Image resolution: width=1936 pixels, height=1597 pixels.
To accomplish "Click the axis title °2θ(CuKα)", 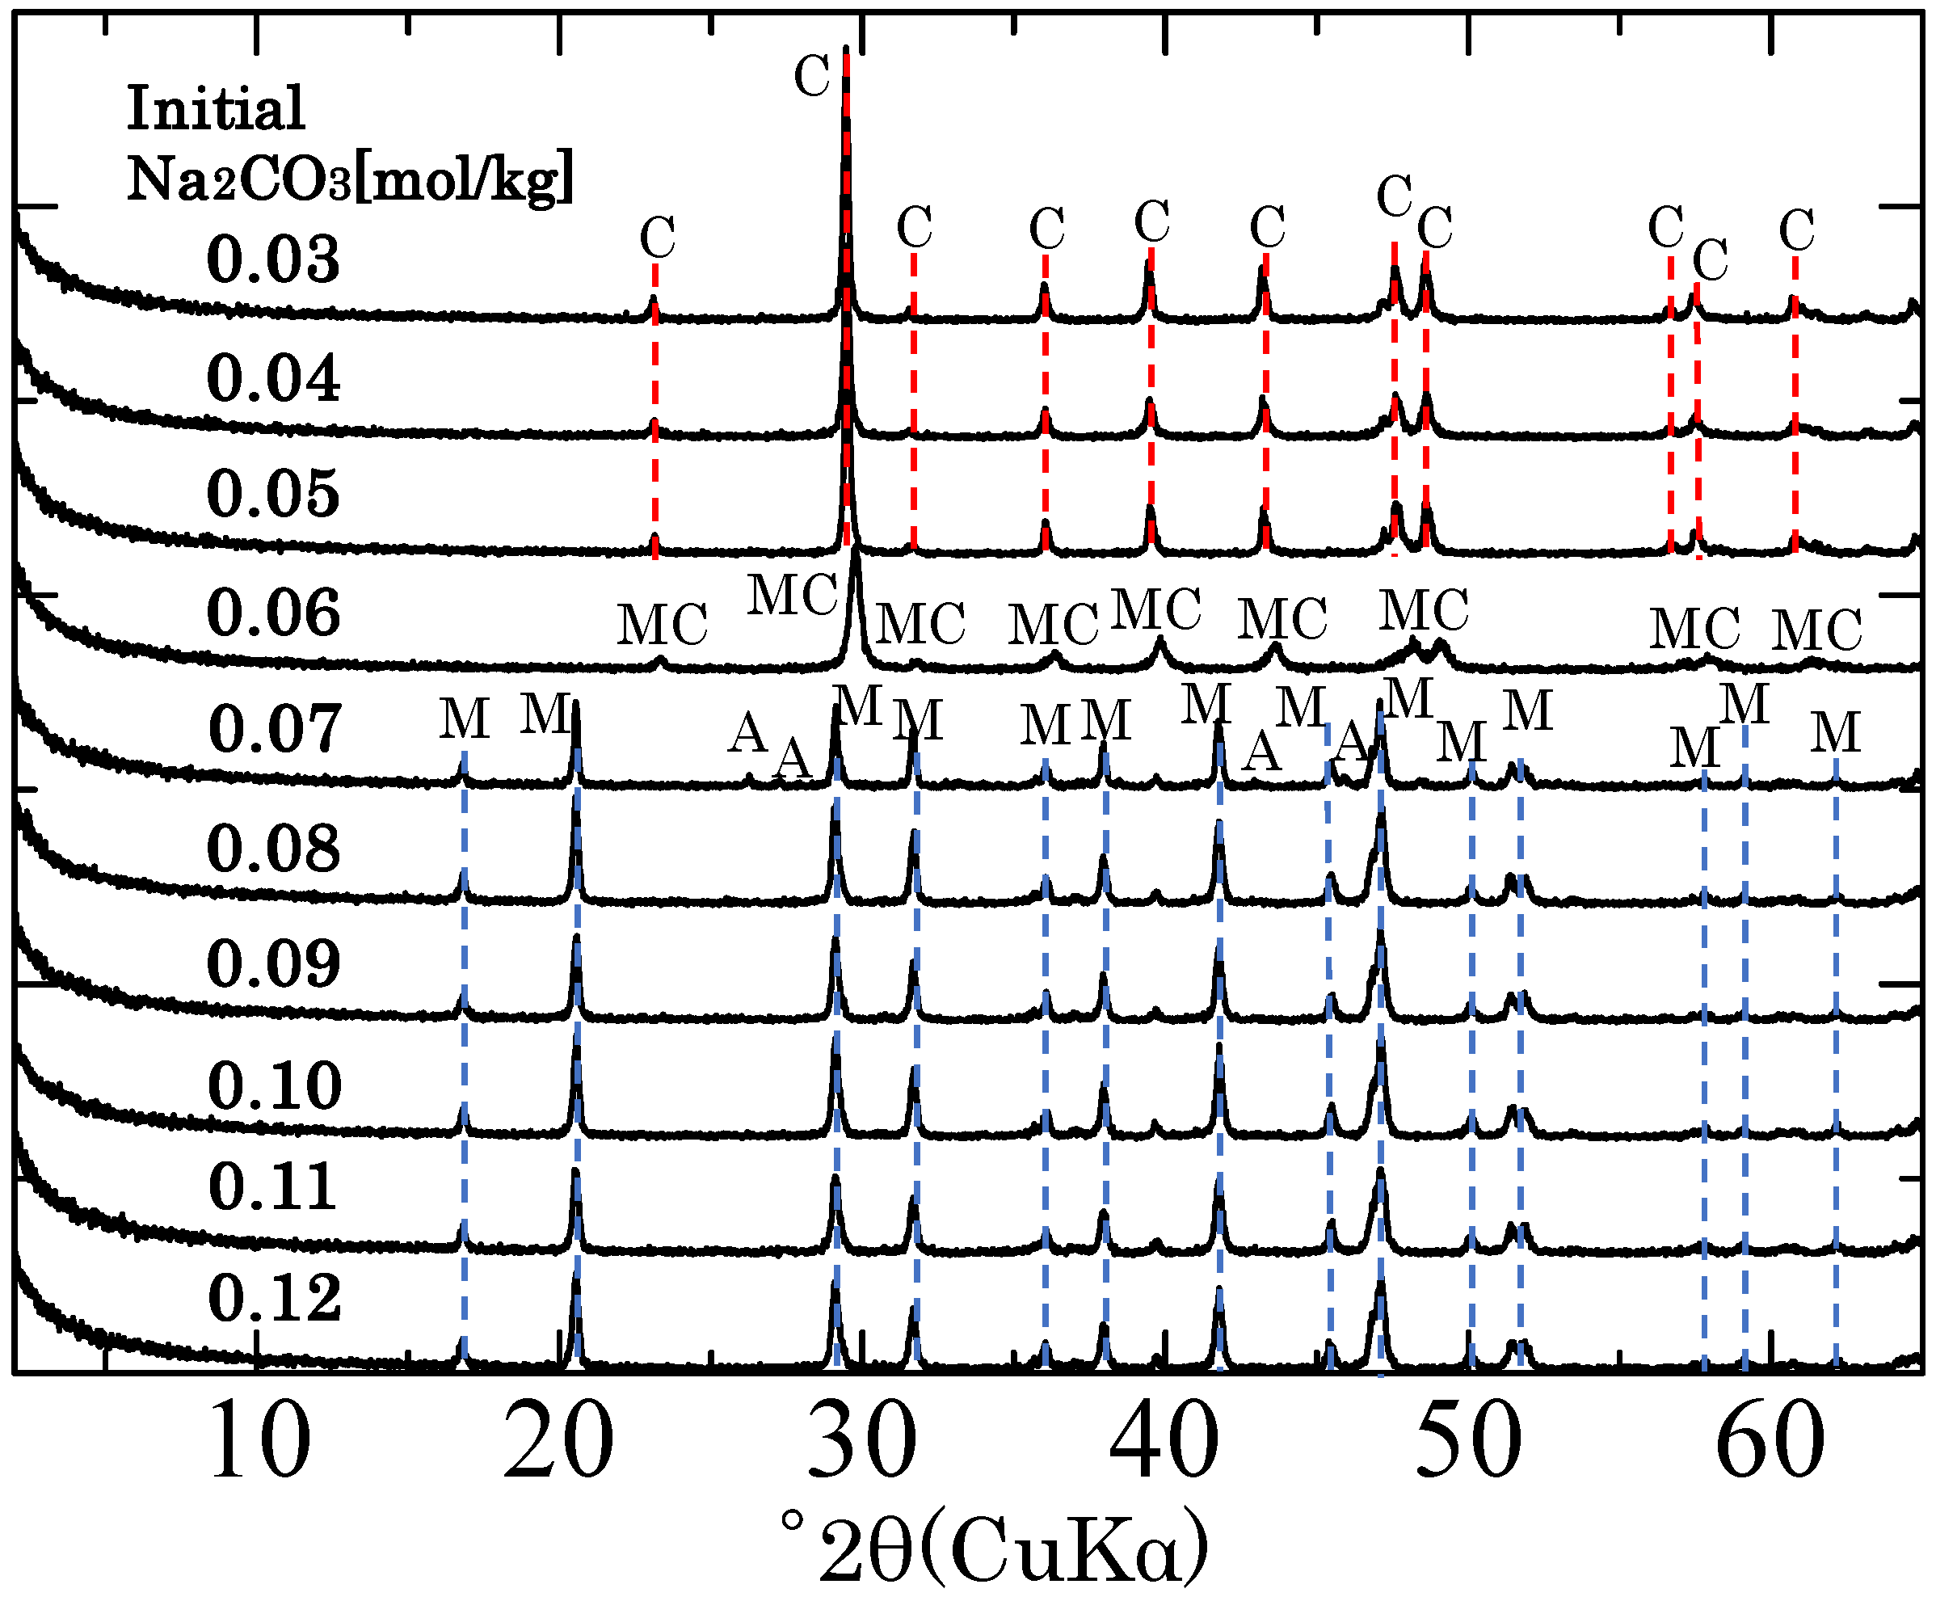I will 993,1549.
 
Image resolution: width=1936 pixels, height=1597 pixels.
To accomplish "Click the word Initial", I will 215,108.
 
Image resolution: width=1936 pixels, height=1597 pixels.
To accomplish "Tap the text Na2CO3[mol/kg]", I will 350,177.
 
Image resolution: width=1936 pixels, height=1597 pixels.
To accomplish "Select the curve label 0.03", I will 273,259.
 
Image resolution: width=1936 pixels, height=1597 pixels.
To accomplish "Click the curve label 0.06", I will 273,613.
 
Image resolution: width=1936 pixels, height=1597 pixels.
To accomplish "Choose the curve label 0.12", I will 274,1298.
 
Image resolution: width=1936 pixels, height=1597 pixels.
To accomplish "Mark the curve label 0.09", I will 273,964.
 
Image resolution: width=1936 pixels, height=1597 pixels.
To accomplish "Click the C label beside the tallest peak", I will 811,75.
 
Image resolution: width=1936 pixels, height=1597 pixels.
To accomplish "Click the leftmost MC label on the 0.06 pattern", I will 661,626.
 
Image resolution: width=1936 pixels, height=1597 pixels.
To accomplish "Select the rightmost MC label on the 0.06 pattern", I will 1816,630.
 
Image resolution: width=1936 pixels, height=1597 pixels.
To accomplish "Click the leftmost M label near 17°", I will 464,719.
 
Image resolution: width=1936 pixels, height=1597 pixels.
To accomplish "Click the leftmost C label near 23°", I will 658,238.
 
